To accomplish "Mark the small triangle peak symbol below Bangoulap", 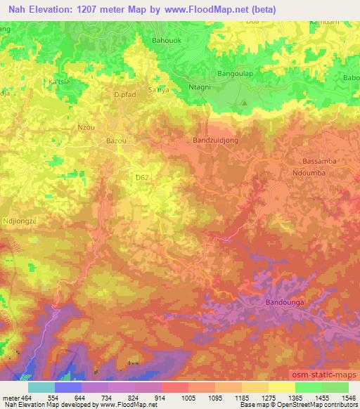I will point(245,103).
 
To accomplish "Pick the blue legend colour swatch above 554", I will point(68,387).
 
